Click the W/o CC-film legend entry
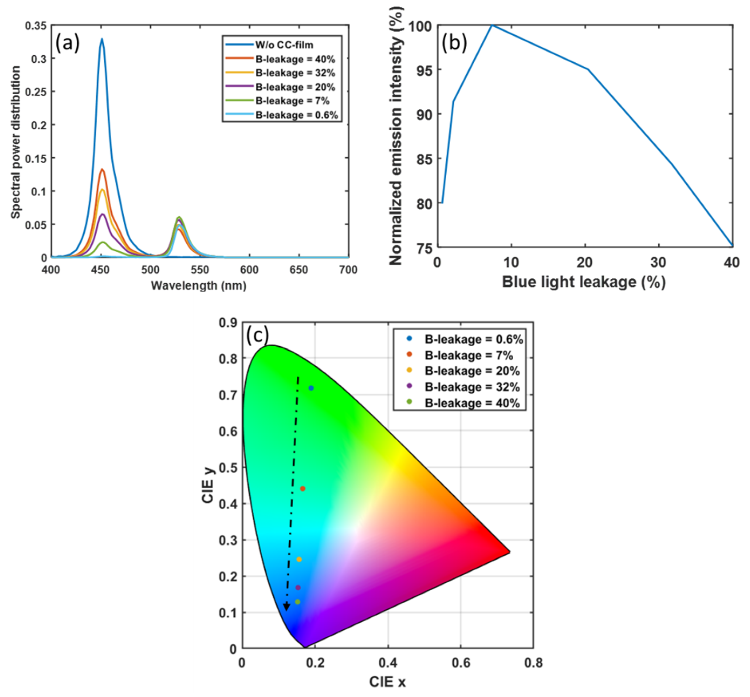tap(284, 45)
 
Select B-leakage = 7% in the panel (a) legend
tap(292, 101)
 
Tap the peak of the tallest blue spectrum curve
tap(101, 39)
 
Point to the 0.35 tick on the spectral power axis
tap(36, 26)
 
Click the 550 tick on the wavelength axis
tap(200, 270)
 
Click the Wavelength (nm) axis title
tap(198, 286)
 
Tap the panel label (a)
tap(67, 44)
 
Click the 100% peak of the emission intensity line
tap(492, 26)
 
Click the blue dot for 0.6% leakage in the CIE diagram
tap(311, 388)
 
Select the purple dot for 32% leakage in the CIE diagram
tap(298, 588)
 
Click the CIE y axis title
tap(208, 485)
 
